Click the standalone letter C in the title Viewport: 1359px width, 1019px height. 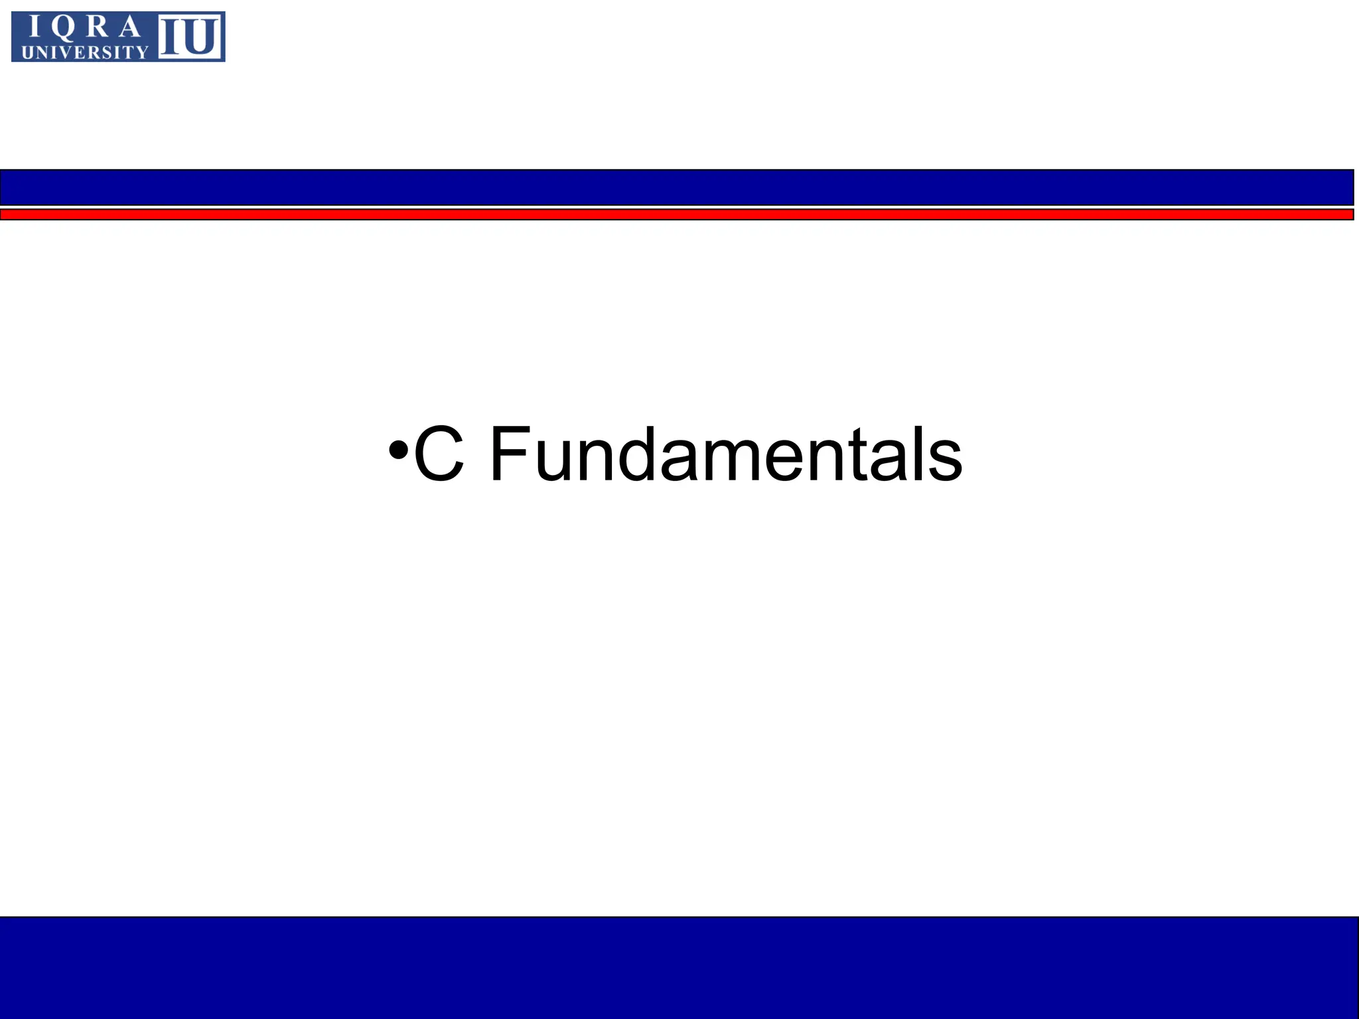point(439,454)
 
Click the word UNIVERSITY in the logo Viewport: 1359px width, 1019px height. point(85,52)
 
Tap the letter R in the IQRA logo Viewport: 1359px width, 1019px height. point(98,27)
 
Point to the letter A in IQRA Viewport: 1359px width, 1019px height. point(131,27)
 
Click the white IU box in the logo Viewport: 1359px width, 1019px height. point(190,37)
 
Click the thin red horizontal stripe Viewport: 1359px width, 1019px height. point(677,214)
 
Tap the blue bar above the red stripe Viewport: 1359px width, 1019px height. point(677,187)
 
